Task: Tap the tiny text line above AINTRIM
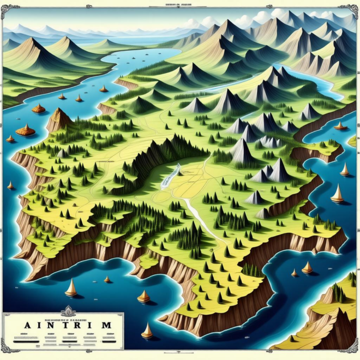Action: point(63,316)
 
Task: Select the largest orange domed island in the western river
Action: point(25,130)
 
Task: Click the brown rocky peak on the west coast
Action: point(58,118)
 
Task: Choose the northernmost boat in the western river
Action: point(103,88)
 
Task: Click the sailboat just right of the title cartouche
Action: point(147,331)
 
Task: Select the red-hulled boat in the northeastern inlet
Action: point(340,127)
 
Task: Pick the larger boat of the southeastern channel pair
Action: point(307,267)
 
